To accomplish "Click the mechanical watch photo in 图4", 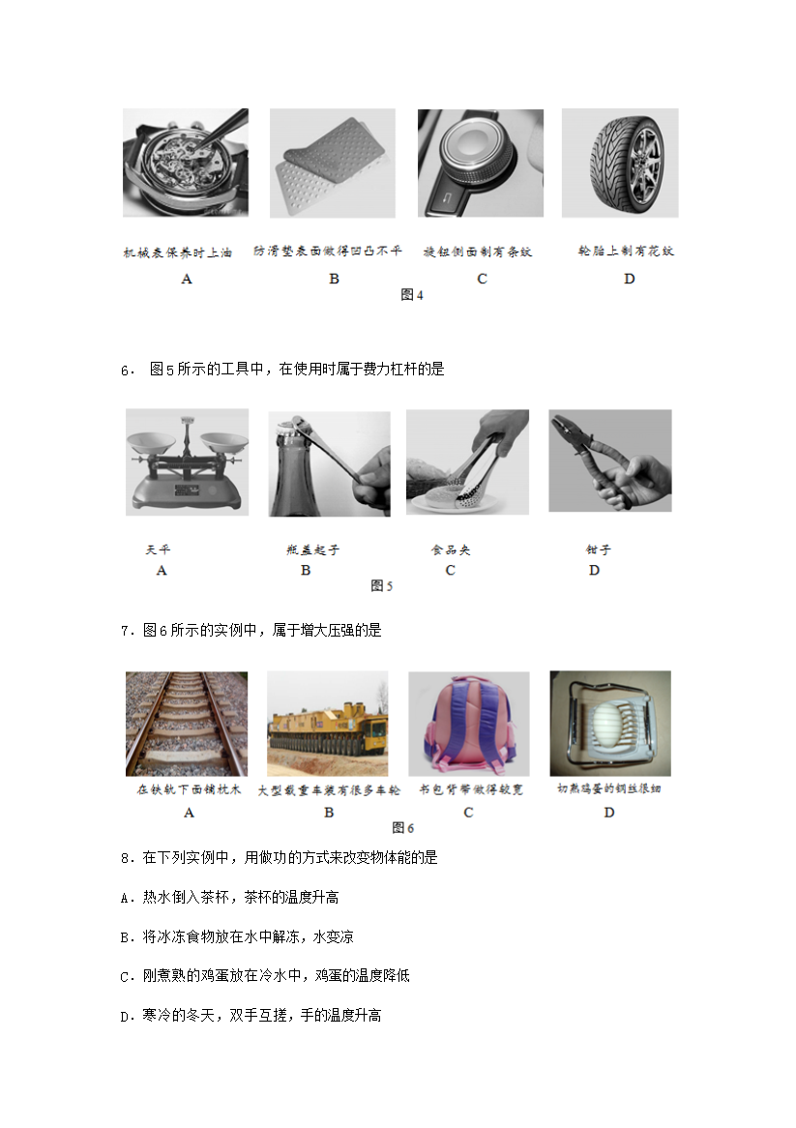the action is pyautogui.click(x=186, y=163).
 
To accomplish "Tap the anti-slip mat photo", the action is pyautogui.click(x=332, y=163).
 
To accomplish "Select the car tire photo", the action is pyautogui.click(x=620, y=163).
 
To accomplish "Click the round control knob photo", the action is pyautogui.click(x=481, y=163).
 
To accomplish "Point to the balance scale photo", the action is pyautogui.click(x=187, y=461).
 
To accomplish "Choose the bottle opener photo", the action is pyautogui.click(x=330, y=464).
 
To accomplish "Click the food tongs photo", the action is pyautogui.click(x=467, y=461).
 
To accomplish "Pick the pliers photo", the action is pyautogui.click(x=609, y=460).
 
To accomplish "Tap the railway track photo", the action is pyautogui.click(x=187, y=724).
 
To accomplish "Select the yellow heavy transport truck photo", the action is pyautogui.click(x=327, y=724).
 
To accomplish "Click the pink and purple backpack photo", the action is pyautogui.click(x=469, y=724).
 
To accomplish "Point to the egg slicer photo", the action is pyautogui.click(x=610, y=723).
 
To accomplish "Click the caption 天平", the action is pyautogui.click(x=159, y=549).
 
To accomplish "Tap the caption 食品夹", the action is pyautogui.click(x=451, y=549).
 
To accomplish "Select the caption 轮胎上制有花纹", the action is pyautogui.click(x=627, y=252).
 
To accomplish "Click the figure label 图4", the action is pyautogui.click(x=411, y=295).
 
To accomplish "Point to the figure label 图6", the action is pyautogui.click(x=402, y=828).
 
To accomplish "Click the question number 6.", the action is pyautogui.click(x=128, y=371).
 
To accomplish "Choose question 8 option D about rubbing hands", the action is pyautogui.click(x=251, y=1015).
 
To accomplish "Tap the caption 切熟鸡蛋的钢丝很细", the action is pyautogui.click(x=609, y=788).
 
